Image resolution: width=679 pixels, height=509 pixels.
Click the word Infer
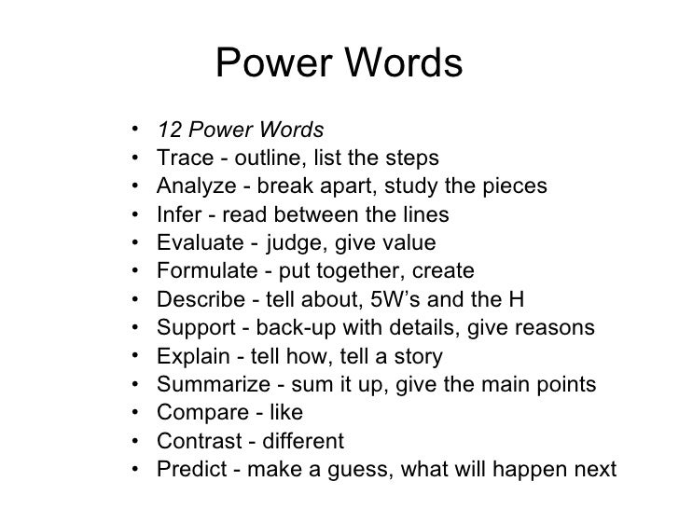tap(177, 215)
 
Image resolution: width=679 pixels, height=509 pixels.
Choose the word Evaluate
tap(198, 244)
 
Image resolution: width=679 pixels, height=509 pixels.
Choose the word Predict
tap(190, 469)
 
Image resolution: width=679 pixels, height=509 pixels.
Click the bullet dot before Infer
tap(136, 215)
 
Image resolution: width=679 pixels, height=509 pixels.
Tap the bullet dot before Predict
tap(136, 469)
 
